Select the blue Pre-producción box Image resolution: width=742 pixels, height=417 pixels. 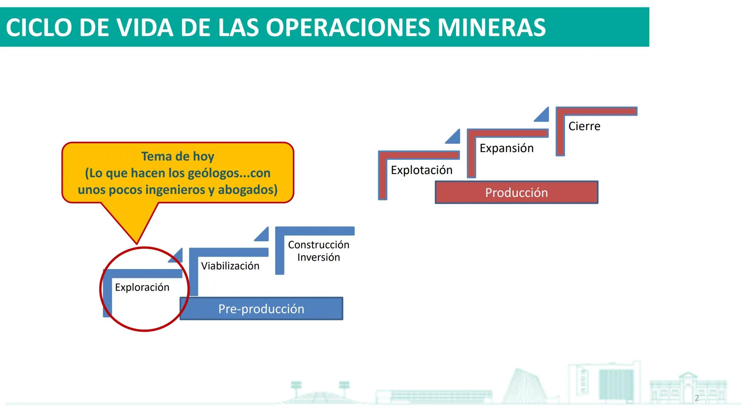pyautogui.click(x=261, y=309)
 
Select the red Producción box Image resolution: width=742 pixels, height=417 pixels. pyautogui.click(x=516, y=192)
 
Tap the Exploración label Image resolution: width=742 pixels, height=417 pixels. pyautogui.click(x=142, y=287)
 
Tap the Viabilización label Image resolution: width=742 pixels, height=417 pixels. pyautogui.click(x=230, y=266)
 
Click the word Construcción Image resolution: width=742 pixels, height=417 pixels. pyautogui.click(x=318, y=245)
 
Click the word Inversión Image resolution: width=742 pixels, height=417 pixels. pyautogui.click(x=318, y=257)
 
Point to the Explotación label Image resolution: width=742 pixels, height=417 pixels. pyautogui.click(x=421, y=170)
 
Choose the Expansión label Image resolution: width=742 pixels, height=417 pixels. pyautogui.click(x=506, y=148)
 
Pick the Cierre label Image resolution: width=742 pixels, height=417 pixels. pyautogui.click(x=584, y=126)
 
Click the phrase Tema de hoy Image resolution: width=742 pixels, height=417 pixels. pyautogui.click(x=177, y=156)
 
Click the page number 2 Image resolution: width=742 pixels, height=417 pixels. pyautogui.click(x=697, y=398)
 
